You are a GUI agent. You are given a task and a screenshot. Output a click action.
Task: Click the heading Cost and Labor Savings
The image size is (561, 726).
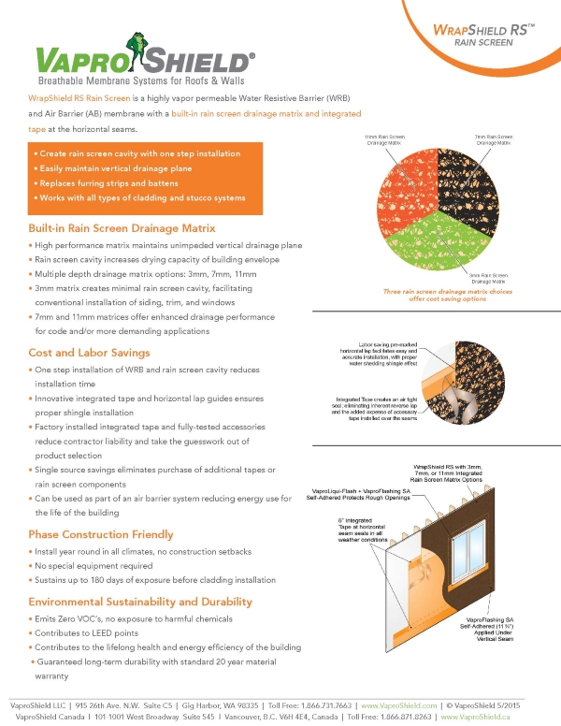tap(89, 352)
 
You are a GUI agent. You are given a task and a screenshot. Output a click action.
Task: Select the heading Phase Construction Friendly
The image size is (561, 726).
tap(101, 534)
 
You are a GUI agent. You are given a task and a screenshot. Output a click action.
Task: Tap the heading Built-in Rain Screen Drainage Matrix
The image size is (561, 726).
tap(122, 228)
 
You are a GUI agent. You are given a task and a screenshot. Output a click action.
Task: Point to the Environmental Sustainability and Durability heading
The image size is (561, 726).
tap(140, 602)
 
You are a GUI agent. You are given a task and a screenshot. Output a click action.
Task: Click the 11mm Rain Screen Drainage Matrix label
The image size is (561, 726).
tap(386, 139)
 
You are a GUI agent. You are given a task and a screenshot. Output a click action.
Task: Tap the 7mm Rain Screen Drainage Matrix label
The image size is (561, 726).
tap(493, 139)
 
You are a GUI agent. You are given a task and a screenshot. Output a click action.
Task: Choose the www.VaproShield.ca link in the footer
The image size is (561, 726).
tap(486, 717)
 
